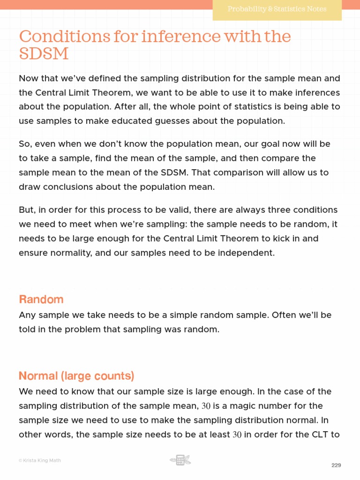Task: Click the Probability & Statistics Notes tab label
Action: [277, 9]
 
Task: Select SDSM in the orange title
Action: [44, 54]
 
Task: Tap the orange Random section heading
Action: [41, 299]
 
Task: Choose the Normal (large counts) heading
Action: [76, 376]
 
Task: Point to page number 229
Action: [336, 465]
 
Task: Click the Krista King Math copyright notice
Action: [40, 460]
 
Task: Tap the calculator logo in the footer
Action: [180, 460]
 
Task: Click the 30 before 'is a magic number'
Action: [206, 406]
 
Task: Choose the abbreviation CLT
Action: [319, 434]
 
